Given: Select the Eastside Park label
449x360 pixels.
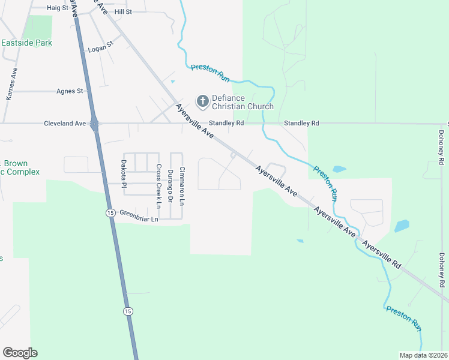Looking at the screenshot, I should [26, 43].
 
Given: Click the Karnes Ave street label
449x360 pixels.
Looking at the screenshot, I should [10, 83].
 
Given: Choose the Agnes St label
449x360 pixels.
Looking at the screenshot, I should [69, 91].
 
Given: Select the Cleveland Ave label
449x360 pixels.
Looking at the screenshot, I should [65, 124].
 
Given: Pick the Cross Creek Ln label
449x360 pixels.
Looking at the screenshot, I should [158, 185].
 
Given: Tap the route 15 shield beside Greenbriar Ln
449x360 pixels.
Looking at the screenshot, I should [110, 213].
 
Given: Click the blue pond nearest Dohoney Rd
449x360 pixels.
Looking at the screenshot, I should [402, 226].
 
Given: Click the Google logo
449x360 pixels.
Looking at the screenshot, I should [20, 353].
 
